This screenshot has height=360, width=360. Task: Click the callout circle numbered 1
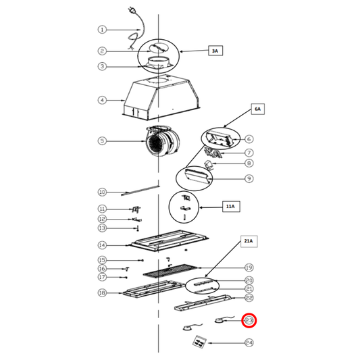[102, 30]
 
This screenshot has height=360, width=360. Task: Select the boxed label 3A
[215, 51]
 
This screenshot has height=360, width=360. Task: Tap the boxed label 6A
[257, 109]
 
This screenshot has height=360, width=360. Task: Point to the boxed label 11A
[231, 207]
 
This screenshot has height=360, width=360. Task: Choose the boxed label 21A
[249, 241]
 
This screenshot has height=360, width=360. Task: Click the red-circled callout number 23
[249, 320]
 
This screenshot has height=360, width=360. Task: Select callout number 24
[249, 343]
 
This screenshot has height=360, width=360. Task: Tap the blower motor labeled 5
[163, 141]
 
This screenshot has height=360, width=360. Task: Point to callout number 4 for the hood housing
[102, 101]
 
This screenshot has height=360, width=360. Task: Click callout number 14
[102, 245]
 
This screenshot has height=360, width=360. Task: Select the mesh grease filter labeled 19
[170, 271]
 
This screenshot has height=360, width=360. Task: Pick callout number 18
[102, 293]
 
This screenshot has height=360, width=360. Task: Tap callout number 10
[102, 192]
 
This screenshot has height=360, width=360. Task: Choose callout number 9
[249, 178]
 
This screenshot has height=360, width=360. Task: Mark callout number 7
[249, 153]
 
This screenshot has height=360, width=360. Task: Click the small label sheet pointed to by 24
[199, 341]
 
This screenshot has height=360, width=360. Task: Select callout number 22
[249, 298]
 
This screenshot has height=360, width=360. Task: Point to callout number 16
[102, 269]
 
